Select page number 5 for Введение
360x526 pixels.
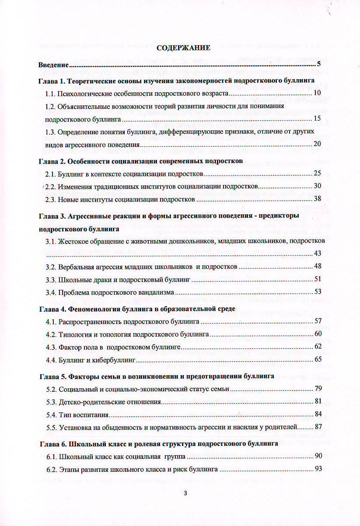(319, 64)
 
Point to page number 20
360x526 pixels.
(318, 144)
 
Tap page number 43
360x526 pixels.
(318, 254)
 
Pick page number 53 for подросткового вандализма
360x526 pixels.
(318, 292)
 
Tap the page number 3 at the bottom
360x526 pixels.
(185, 494)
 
